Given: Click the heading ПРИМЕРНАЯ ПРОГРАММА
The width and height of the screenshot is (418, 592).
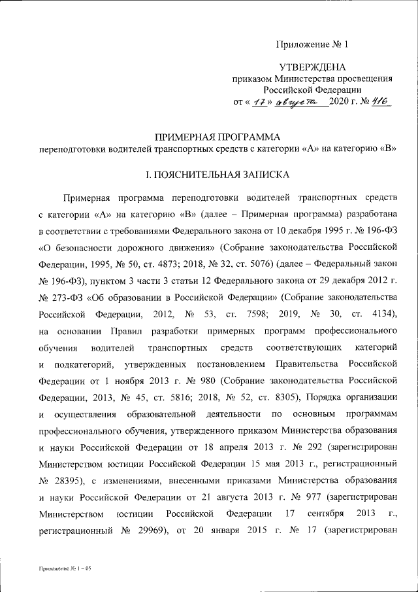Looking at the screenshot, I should pyautogui.click(x=216, y=137).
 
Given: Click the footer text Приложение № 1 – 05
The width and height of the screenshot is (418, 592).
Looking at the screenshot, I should pyautogui.click(x=65, y=569).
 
